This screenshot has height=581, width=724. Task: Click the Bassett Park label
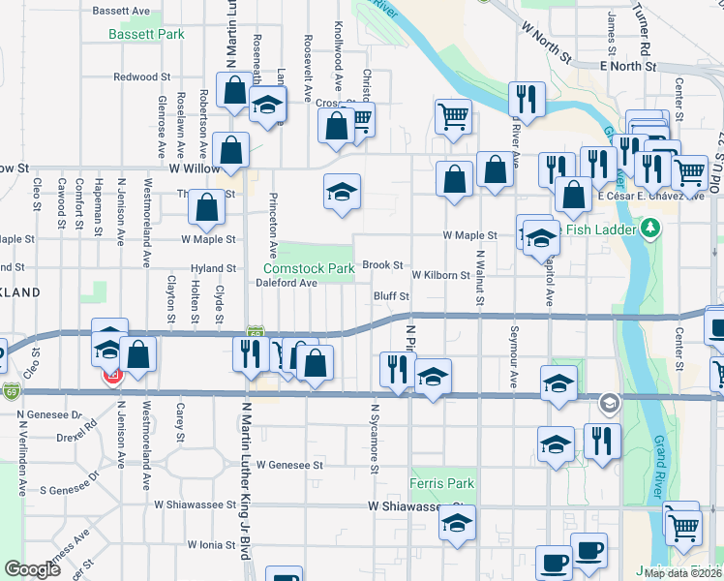(145, 34)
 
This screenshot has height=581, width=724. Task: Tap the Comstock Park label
(309, 268)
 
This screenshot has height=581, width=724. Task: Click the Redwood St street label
(141, 76)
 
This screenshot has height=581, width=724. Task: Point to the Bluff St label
(392, 295)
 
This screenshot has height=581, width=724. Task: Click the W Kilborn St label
(440, 275)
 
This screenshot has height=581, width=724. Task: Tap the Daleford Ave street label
(287, 283)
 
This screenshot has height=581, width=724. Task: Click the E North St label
(627, 67)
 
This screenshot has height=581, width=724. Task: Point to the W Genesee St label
(289, 465)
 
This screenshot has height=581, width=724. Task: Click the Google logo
(33, 569)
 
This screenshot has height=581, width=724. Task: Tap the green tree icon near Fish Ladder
(651, 229)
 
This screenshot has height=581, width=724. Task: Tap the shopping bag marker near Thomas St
(207, 206)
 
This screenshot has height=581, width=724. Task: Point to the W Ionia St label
(212, 545)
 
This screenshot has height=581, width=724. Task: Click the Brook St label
(382, 264)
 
